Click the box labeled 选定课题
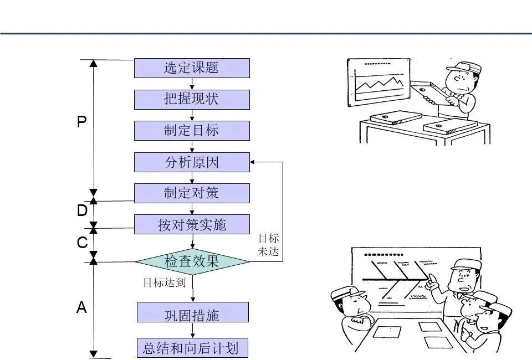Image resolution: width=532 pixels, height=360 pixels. pyautogui.click(x=192, y=68)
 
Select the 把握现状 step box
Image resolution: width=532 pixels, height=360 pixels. pyautogui.click(x=192, y=99)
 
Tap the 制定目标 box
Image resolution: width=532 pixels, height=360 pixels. pyautogui.click(x=192, y=131)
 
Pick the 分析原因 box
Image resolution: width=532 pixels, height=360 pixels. pyautogui.click(x=192, y=162)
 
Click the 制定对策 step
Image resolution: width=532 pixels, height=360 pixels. pyautogui.click(x=192, y=193)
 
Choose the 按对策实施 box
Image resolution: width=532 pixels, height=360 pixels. pyautogui.click(x=192, y=225)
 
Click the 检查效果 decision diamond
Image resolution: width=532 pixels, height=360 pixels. pyautogui.click(x=192, y=261)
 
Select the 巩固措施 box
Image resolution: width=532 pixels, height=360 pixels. pyautogui.click(x=192, y=315)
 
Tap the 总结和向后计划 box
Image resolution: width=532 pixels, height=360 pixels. pyautogui.click(x=192, y=348)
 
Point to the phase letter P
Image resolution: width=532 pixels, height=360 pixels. pyautogui.click(x=81, y=122)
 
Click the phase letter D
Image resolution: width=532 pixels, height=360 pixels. pyautogui.click(x=82, y=211)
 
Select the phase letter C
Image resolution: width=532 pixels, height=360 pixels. pyautogui.click(x=82, y=243)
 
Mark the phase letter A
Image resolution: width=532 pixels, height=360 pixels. pyautogui.click(x=81, y=308)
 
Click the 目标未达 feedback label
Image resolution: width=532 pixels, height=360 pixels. pyautogui.click(x=268, y=245)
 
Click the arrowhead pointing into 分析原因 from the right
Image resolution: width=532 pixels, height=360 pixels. pyautogui.click(x=253, y=162)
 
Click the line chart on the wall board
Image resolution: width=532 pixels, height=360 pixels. pyautogui.click(x=381, y=84)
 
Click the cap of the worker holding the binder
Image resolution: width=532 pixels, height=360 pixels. pyautogui.click(x=463, y=68)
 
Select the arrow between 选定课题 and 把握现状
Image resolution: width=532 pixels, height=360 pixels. pyautogui.click(x=192, y=84)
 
